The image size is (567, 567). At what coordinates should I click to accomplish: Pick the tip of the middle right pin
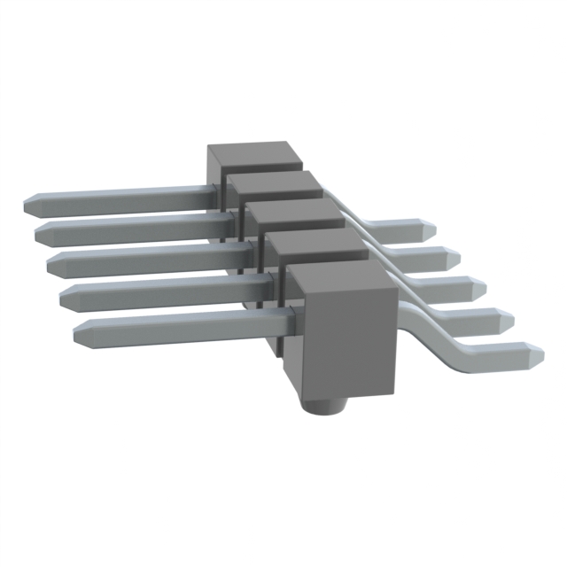pos(482,288)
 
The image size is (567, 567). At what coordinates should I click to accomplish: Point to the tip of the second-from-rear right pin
pos(455,257)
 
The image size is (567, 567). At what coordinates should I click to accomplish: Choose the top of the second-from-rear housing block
pos(275,184)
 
